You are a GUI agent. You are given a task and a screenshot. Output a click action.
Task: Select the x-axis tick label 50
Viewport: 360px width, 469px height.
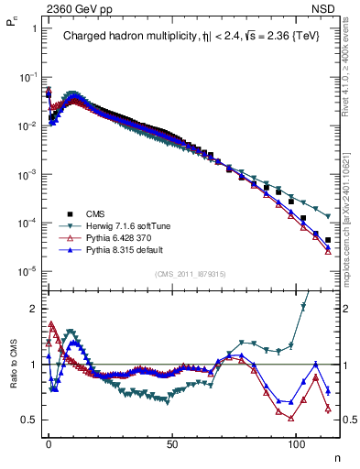(x=172, y=442)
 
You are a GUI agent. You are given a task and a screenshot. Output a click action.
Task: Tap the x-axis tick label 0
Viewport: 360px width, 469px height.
(x=49, y=442)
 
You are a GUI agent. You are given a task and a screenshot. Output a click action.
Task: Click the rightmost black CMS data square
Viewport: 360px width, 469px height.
(x=328, y=240)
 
